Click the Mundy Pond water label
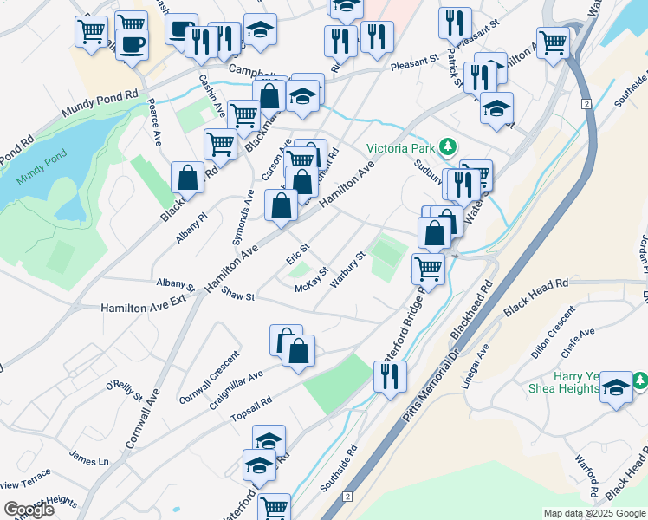click(34, 181)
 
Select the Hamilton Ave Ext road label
click(144, 308)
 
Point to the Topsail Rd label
click(251, 413)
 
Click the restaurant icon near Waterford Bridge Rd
click(390, 376)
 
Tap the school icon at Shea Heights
click(616, 387)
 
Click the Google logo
click(29, 510)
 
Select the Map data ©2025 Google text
click(593, 513)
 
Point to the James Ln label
click(89, 460)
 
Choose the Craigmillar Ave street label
click(235, 392)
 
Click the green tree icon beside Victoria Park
click(447, 146)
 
